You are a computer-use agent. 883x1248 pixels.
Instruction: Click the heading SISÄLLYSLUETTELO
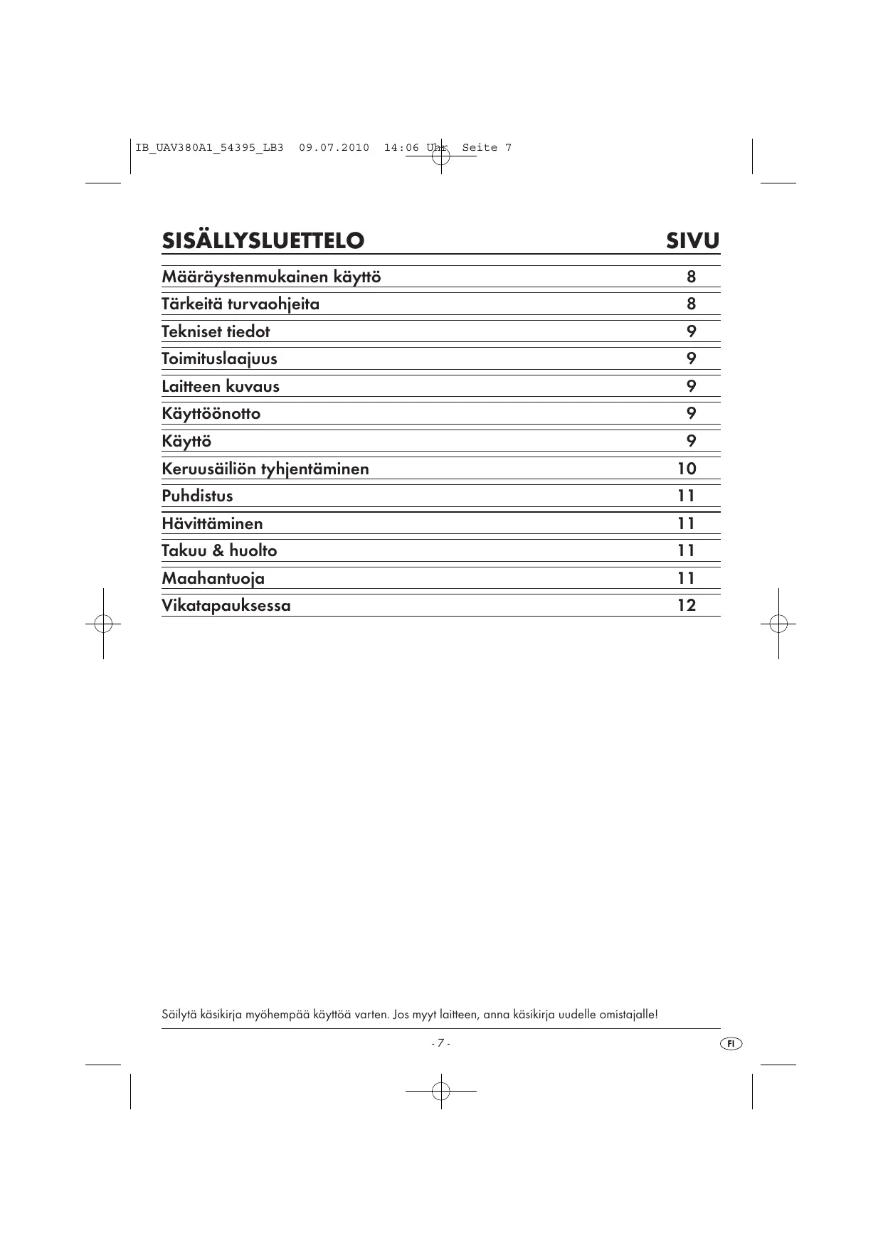[263, 241]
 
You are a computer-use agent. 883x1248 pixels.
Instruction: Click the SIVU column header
[692, 241]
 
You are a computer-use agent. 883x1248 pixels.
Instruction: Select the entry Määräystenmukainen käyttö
[271, 277]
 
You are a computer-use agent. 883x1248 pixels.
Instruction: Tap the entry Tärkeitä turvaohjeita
[240, 304]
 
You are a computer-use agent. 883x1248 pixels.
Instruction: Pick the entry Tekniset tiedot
[216, 331]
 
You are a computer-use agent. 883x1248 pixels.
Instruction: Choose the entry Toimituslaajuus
[219, 358]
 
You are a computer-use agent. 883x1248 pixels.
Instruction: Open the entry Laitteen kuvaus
[221, 386]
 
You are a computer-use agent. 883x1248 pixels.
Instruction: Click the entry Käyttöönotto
[211, 414]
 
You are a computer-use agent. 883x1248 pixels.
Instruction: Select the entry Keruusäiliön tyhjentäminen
[265, 469]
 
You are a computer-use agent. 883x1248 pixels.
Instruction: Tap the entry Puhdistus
[197, 496]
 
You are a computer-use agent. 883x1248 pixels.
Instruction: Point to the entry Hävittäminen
[212, 523]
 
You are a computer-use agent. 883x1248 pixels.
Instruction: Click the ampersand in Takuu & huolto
[218, 551]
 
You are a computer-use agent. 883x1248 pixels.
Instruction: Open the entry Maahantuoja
[213, 578]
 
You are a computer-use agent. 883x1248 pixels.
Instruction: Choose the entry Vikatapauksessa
[226, 606]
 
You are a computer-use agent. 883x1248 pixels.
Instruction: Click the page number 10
[687, 469]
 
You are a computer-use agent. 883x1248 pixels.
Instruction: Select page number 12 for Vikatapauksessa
[687, 606]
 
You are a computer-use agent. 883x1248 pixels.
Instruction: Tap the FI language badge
[731, 1043]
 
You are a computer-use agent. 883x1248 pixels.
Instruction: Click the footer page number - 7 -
[440, 1043]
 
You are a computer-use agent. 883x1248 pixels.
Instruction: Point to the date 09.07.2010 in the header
[334, 148]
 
